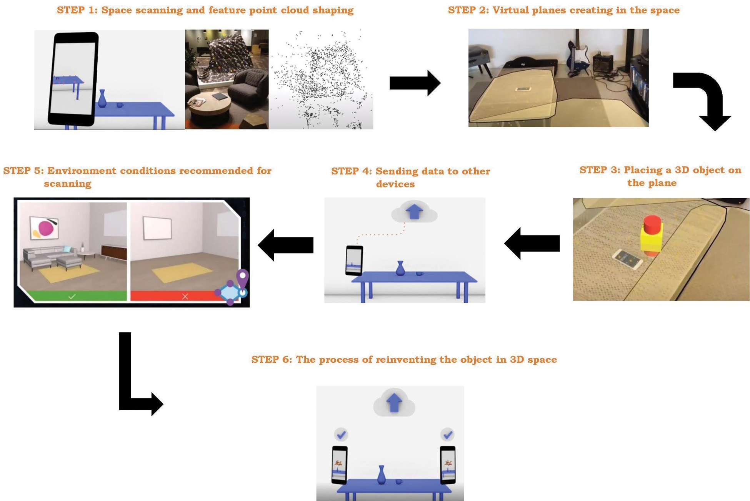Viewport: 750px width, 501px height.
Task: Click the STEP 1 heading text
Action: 205,10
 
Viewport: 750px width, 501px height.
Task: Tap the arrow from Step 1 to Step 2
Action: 415,83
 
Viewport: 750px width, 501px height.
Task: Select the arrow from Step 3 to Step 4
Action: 532,244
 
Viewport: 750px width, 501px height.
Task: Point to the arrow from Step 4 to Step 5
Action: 285,245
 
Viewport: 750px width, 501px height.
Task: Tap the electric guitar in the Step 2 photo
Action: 577,56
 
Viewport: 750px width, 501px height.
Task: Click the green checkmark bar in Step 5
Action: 72,296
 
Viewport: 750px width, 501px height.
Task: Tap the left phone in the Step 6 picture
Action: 340,465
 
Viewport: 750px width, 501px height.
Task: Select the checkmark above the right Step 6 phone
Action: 447,435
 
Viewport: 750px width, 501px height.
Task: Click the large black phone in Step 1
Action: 73,79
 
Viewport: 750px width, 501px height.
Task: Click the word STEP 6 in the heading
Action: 272,360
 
